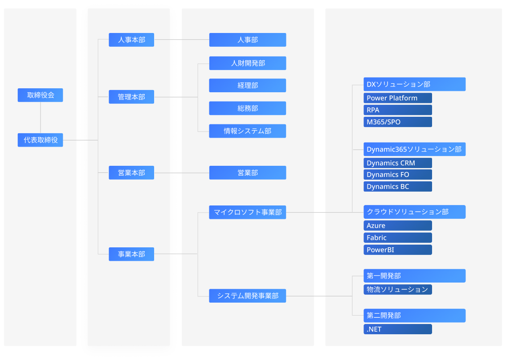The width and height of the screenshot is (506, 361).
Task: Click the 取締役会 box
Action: coord(40,95)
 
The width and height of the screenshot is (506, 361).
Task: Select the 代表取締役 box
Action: coord(40,140)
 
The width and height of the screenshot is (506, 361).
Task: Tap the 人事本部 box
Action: coord(131,40)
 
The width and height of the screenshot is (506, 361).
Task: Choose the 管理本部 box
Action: coord(131,97)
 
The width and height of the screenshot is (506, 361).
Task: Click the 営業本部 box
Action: coord(131,172)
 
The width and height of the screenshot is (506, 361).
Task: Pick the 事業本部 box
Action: coord(131,254)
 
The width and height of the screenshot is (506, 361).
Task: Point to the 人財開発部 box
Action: coord(248,63)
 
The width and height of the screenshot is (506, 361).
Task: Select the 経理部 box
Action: coord(248,85)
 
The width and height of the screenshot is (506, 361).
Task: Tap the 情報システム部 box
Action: coord(248,131)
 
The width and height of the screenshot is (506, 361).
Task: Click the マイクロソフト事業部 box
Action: coord(248,212)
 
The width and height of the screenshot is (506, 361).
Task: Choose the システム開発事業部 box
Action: coord(248,295)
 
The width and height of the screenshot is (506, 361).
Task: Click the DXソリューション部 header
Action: coord(414,84)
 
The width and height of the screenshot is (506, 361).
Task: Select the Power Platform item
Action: coord(398,98)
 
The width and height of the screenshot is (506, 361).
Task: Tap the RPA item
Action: coord(398,110)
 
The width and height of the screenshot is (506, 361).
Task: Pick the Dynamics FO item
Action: coord(398,175)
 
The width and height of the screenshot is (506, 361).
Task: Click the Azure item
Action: coord(398,226)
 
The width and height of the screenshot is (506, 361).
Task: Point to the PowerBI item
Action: coord(398,250)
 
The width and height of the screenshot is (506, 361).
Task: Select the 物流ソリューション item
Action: coord(398,290)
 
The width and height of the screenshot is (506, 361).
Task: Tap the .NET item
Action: coord(398,329)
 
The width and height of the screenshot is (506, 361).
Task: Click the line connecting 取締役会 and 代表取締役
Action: coord(41,118)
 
